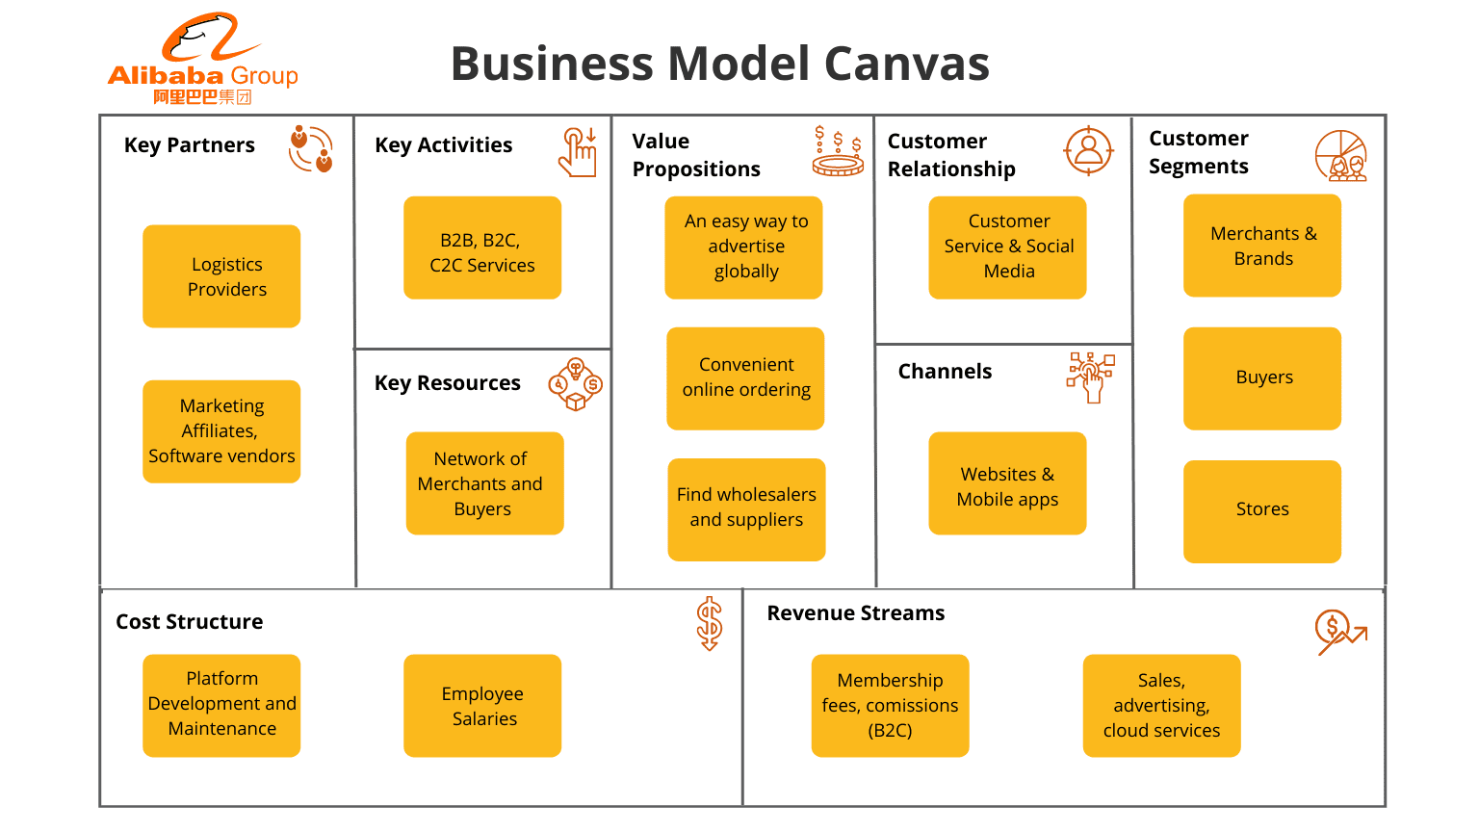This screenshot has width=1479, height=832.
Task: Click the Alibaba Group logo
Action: [x=202, y=60]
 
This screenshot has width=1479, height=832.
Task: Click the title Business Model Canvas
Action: [x=719, y=64]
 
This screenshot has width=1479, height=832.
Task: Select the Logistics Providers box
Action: [x=221, y=276]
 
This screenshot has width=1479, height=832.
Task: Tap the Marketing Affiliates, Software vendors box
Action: [x=221, y=431]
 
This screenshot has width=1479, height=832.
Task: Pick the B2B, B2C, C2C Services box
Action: [x=482, y=248]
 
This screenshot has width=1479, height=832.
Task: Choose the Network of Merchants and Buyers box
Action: [x=484, y=483]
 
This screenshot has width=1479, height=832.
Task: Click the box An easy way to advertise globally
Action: [x=743, y=247]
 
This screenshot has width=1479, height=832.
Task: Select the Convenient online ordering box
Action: [x=745, y=378]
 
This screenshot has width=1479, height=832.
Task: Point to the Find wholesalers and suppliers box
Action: [x=746, y=509]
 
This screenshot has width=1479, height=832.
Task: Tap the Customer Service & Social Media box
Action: [x=1007, y=247]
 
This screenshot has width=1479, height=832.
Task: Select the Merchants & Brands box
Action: [x=1261, y=246]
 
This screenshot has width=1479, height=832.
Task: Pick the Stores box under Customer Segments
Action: [x=1261, y=511]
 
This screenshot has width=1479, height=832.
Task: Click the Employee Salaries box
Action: [x=482, y=706]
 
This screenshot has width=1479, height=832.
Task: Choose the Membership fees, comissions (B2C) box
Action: [x=890, y=706]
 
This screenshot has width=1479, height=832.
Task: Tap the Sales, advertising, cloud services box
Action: [x=1161, y=706]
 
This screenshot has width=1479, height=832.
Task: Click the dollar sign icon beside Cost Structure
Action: [x=710, y=623]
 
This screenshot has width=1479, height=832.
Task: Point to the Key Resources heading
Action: [x=448, y=383]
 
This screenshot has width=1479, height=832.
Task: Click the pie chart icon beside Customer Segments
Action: [x=1341, y=156]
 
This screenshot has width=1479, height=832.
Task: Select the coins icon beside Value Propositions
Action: [x=838, y=152]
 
